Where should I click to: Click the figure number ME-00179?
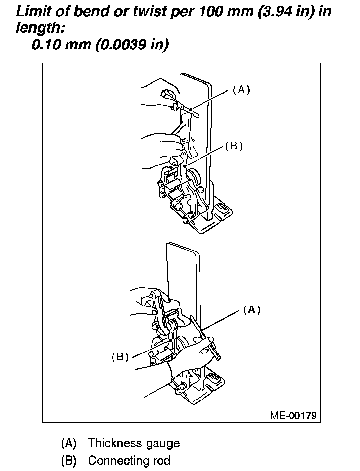click(x=293, y=416)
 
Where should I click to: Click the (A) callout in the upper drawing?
click(x=241, y=90)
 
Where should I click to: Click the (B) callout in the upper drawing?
click(x=234, y=146)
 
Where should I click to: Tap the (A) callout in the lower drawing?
click(x=251, y=309)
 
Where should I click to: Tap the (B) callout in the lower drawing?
click(x=120, y=357)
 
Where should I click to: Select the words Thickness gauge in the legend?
click(x=134, y=443)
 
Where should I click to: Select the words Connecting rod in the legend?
click(x=129, y=460)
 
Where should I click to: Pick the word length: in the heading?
click(x=40, y=28)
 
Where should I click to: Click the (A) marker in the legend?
click(x=68, y=443)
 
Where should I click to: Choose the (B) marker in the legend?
click(x=68, y=460)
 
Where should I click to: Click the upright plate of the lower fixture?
click(x=184, y=274)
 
